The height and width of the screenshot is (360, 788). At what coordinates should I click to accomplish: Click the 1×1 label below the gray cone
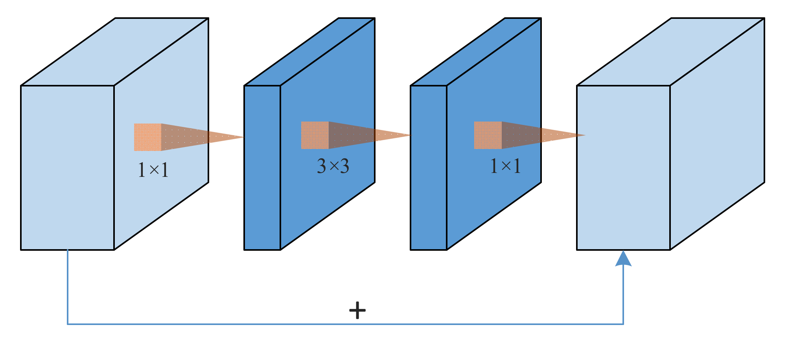click(153, 170)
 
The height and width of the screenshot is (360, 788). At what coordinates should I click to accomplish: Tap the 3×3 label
click(333, 166)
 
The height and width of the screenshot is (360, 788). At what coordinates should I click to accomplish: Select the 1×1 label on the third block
click(506, 166)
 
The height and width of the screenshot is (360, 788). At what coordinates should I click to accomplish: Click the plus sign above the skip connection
click(357, 310)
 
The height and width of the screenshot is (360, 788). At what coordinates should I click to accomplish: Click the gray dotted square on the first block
click(147, 137)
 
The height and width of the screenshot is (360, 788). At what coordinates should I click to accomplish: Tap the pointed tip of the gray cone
click(241, 137)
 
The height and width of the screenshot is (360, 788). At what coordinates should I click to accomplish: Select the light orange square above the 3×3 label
click(315, 135)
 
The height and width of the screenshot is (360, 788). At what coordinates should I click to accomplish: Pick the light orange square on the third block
click(488, 135)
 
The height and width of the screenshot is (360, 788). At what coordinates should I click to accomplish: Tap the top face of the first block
click(114, 51)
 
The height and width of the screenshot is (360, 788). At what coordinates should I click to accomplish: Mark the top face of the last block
click(670, 51)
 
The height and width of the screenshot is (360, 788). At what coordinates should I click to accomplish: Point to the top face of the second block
click(309, 51)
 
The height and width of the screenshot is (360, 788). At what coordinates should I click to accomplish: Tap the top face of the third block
click(476, 51)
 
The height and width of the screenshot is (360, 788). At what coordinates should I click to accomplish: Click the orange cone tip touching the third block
click(409, 135)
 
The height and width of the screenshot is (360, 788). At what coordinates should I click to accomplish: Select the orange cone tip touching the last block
click(583, 135)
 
